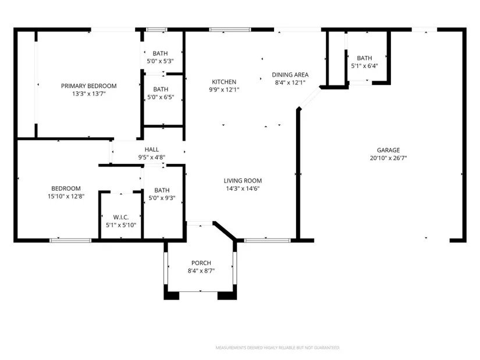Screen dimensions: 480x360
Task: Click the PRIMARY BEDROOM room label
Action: click(89, 86)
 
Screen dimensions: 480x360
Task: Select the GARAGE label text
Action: click(388, 150)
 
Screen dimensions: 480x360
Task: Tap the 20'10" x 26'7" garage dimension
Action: click(388, 158)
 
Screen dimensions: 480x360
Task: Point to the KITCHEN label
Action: click(224, 82)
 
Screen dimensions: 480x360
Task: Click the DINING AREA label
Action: click(290, 74)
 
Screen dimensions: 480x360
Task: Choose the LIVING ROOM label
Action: click(243, 181)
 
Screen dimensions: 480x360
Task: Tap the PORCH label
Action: click(201, 263)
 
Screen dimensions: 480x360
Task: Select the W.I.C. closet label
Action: click(121, 218)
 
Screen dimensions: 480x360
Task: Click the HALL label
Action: click(152, 149)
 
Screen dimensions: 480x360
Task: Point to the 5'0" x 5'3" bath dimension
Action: click(160, 61)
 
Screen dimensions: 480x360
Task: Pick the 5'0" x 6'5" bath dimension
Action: click(161, 97)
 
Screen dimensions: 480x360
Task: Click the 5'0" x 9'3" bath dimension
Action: click(162, 198)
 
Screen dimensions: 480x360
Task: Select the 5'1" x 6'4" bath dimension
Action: click(365, 66)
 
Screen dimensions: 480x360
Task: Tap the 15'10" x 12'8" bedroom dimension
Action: click(66, 196)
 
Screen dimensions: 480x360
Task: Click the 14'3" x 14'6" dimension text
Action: click(243, 188)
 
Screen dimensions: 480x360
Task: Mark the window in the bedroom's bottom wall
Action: click(70, 241)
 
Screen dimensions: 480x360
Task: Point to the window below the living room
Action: click(267, 241)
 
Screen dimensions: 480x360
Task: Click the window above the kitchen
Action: click(230, 30)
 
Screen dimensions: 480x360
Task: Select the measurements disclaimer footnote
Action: click(278, 348)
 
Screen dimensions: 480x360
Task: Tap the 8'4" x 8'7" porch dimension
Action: click(201, 270)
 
